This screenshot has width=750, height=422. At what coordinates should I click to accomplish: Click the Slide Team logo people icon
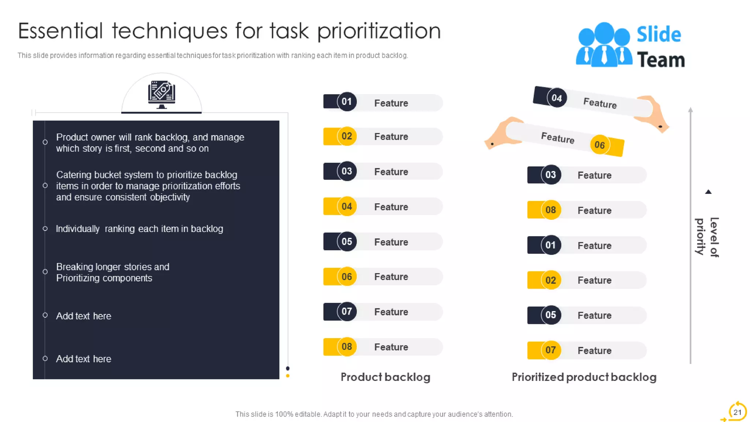pos(604,46)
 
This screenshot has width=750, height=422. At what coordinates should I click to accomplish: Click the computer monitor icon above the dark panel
pos(161,94)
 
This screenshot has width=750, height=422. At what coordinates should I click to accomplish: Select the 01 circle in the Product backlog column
pos(346,101)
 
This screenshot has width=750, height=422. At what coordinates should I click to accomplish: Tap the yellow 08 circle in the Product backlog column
pos(346,347)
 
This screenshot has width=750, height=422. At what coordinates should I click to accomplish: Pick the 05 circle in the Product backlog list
pos(346,241)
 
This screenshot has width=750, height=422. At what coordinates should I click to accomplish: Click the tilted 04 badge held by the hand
pos(557,98)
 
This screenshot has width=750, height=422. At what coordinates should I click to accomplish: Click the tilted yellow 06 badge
pos(599,145)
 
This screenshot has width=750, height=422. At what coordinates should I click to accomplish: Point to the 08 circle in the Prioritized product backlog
pos(550,210)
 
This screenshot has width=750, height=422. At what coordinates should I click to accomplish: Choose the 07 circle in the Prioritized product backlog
pos(550,350)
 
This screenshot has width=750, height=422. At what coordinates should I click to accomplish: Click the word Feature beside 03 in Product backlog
pos(391,172)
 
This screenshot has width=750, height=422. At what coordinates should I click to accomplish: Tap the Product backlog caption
pos(385,377)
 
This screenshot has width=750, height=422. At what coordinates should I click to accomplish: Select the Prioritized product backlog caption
pos(584,377)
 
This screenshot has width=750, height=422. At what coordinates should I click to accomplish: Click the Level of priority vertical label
pos(707,237)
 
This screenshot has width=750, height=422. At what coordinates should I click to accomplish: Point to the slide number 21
pos(737,412)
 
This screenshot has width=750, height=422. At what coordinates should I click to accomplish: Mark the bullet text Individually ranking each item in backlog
pos(139,229)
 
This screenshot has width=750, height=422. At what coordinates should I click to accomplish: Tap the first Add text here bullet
pos(83,316)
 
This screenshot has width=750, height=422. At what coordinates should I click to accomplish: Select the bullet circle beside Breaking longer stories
pos(45,272)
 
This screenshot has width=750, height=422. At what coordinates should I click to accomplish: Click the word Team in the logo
pos(661,60)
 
